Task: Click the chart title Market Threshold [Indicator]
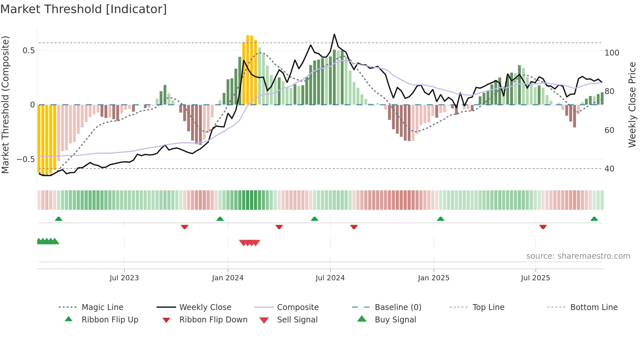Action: [84, 9]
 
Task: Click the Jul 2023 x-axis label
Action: [124, 278]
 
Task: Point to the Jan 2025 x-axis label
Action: [434, 278]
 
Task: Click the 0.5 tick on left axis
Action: [28, 51]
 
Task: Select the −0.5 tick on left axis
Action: [26, 159]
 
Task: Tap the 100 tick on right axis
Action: [612, 53]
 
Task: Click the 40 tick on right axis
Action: [609, 169]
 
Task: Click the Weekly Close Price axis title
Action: [632, 105]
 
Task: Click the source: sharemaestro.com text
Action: [578, 256]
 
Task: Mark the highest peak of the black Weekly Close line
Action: [334, 34]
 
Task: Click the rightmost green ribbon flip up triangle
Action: [594, 219]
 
